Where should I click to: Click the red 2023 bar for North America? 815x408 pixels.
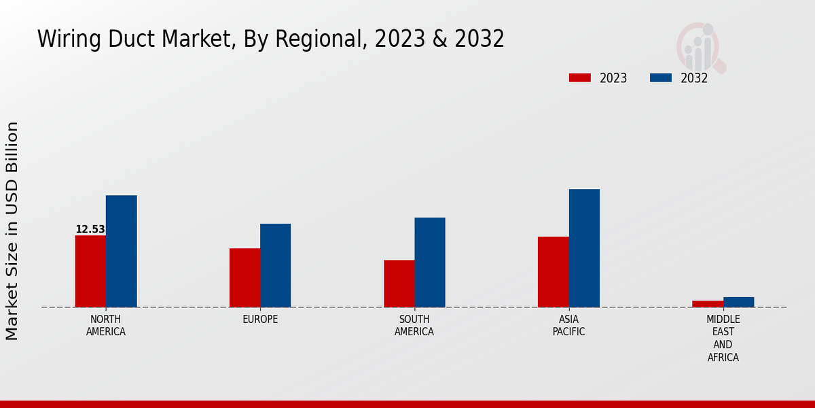[90, 271]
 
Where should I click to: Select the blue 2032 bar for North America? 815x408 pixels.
[121, 251]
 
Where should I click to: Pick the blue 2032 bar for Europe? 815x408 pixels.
[275, 265]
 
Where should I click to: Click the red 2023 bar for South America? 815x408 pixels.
[399, 284]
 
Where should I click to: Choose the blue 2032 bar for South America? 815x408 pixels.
[430, 262]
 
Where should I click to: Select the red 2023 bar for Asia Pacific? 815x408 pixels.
[553, 272]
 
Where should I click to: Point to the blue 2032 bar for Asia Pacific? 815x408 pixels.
[584, 248]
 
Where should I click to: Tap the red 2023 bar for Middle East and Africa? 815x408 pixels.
[708, 304]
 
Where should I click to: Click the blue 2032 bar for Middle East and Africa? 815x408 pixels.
[738, 302]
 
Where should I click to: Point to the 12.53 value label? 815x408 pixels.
[90, 229]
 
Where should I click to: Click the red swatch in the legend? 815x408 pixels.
[579, 78]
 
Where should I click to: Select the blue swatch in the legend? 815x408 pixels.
[660, 78]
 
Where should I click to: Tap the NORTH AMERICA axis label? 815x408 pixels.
[106, 326]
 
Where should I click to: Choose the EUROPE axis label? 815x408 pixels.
[260, 319]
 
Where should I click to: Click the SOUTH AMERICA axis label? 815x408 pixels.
[414, 326]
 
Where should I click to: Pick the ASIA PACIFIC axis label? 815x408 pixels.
[568, 326]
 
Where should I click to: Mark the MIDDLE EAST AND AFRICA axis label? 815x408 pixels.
[723, 338]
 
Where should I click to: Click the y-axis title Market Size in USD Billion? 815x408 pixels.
[12, 231]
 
